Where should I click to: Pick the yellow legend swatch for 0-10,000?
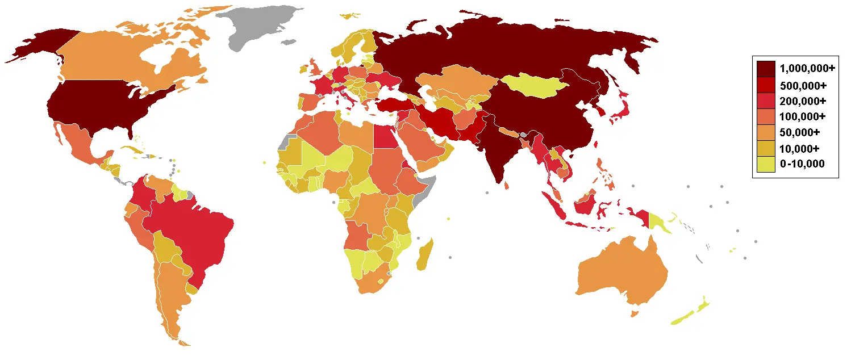pos(765,165)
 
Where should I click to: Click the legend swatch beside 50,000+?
pos(765,133)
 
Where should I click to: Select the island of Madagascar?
pos(424,255)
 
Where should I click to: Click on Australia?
pos(622,273)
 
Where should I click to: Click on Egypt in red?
pos(385,136)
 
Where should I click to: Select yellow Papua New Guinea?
pos(659,223)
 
